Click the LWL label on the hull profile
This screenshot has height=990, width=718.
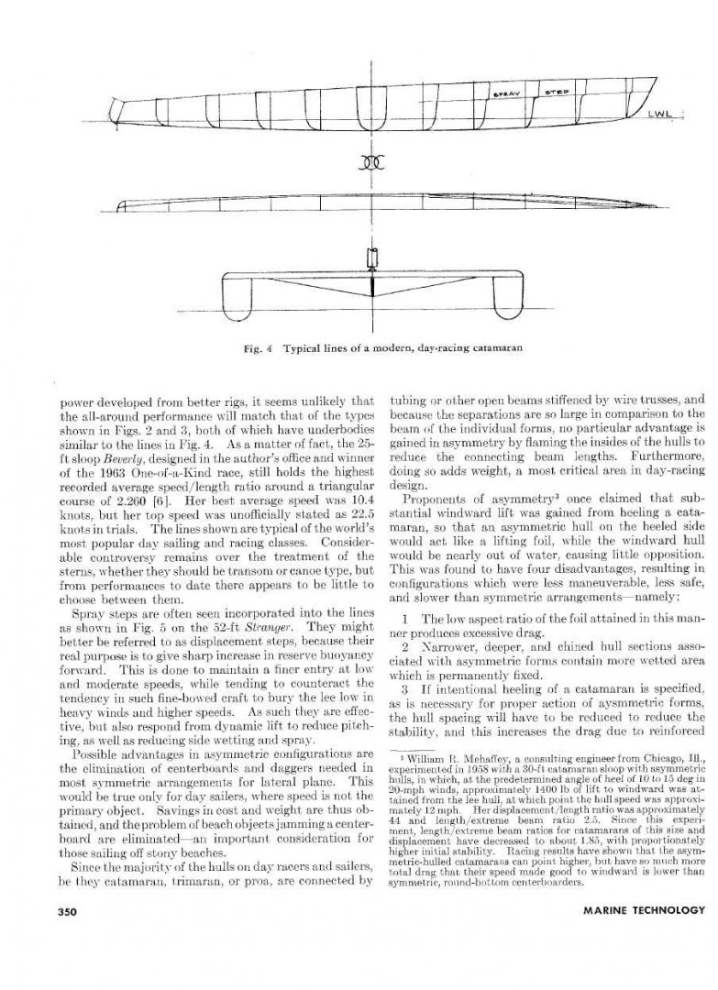[663, 115]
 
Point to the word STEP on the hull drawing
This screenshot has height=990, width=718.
[558, 93]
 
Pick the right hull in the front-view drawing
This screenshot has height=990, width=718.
[503, 293]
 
